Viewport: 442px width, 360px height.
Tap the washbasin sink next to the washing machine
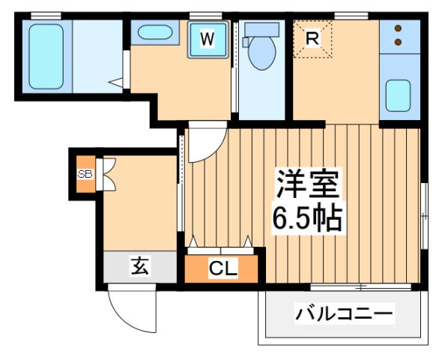154,34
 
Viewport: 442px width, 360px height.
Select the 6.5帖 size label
308,217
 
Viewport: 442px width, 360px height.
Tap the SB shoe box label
84,174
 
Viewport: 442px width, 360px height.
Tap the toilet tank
261,28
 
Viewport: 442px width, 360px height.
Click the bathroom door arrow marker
115,80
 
